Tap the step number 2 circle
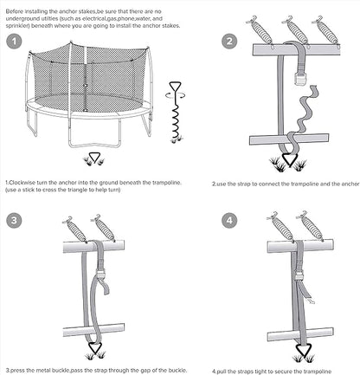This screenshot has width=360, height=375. pos(229,41)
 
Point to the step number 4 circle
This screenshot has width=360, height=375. pos(229,221)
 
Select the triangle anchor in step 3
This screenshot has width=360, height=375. pos(91,352)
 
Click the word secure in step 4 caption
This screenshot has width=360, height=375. pos(286,368)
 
